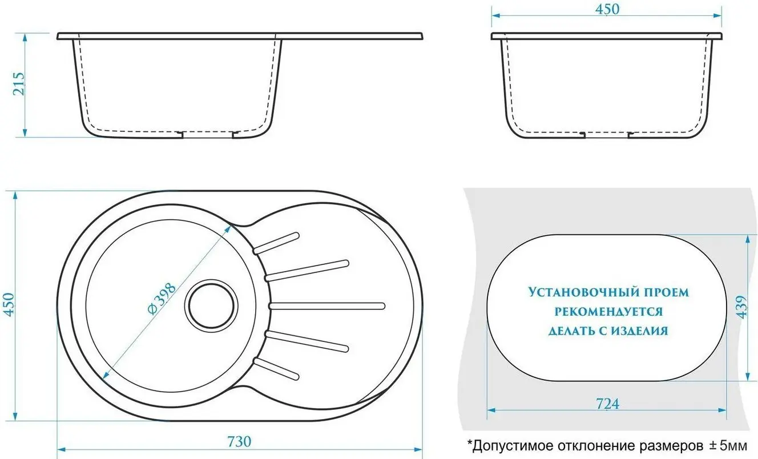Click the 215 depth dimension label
pyautogui.click(x=19, y=83)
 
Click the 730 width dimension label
pyautogui.click(x=239, y=441)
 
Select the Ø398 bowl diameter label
pyautogui.click(x=162, y=299)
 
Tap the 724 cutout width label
pyautogui.click(x=607, y=404)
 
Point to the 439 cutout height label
pyautogui.click(x=742, y=307)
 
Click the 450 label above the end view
pyautogui.click(x=607, y=9)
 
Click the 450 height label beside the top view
pyautogui.click(x=9, y=305)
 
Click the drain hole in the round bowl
pyautogui.click(x=211, y=306)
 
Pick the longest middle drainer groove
pyautogui.click(x=327, y=306)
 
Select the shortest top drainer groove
pyautogui.click(x=276, y=243)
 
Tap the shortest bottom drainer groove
pyautogui.click(x=276, y=369)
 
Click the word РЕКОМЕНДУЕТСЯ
pyautogui.click(x=608, y=311)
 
